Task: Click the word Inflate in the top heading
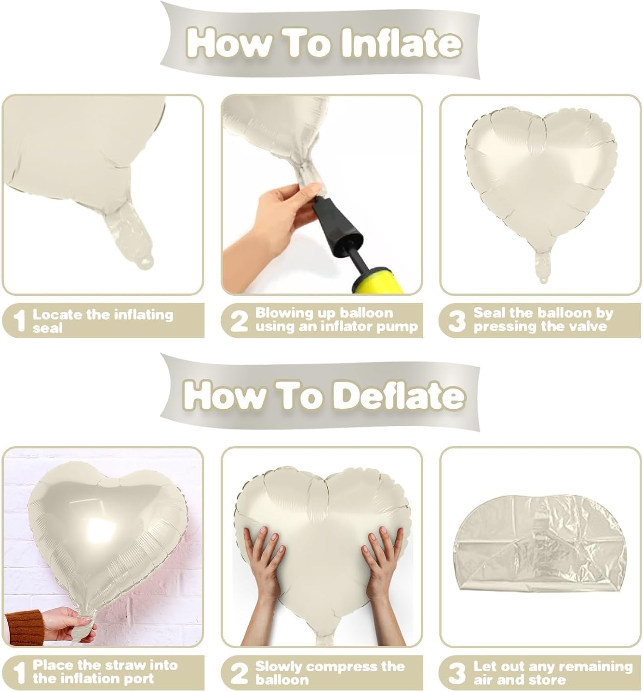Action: (x=401, y=43)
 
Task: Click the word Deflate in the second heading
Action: (x=400, y=395)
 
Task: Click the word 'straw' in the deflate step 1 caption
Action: (x=123, y=665)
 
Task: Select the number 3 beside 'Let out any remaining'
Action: (x=457, y=673)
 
